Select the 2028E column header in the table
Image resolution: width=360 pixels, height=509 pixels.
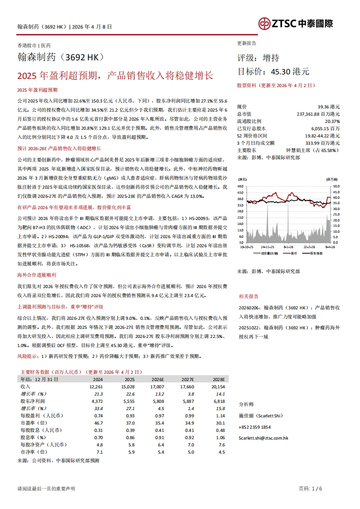pyautogui.click(x=218, y=379)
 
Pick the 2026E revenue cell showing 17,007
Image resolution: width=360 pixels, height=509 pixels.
pyautogui.click(x=157, y=387)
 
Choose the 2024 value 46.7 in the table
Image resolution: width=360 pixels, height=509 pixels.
pyautogui.click(x=97, y=423)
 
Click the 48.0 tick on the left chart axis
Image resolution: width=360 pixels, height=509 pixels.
pyautogui.click(x=240, y=186)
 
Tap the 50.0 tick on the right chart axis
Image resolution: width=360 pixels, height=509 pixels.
pyautogui.click(x=336, y=186)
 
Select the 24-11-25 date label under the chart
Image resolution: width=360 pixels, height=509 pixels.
pyautogui.click(x=266, y=247)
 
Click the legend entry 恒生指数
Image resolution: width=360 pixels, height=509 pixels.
pyautogui.click(x=316, y=253)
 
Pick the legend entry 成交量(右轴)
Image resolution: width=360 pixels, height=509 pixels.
pyautogui.click(x=271, y=253)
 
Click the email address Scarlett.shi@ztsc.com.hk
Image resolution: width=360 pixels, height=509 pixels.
pyautogui.click(x=263, y=438)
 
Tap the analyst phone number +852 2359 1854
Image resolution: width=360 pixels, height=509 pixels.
pyautogui.click(x=254, y=427)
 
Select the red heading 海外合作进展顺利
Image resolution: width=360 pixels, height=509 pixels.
pyautogui.click(x=36, y=275)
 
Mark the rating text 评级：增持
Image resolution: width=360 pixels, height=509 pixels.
pyautogui.click(x=259, y=58)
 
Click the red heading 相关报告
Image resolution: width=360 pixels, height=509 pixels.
pyautogui.click(x=249, y=296)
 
